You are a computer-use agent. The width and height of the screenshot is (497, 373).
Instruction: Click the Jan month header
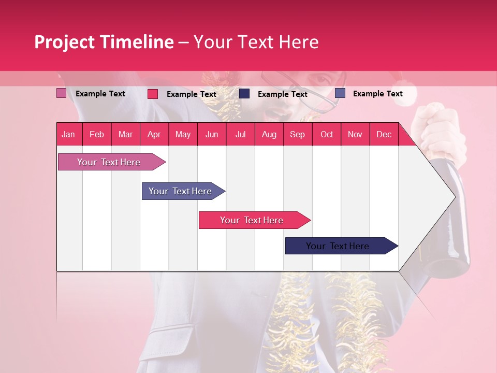[69, 135]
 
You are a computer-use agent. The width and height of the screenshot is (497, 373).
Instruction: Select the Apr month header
[154, 135]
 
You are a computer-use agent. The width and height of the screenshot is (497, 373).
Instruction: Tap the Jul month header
[241, 135]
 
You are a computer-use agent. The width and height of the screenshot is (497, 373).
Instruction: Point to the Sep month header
[298, 135]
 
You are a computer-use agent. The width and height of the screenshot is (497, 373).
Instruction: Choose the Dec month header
[384, 135]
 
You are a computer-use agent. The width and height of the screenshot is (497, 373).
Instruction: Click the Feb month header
[97, 135]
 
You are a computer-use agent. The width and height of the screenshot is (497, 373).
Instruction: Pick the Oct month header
[327, 135]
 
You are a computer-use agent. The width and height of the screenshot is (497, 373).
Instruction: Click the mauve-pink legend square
[62, 93]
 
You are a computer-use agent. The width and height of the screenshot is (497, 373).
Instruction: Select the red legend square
[153, 94]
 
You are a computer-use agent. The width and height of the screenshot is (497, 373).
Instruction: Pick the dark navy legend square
[244, 94]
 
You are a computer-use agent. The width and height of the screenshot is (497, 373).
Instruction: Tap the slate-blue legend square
[340, 93]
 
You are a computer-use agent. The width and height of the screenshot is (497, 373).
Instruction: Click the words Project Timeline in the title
[104, 42]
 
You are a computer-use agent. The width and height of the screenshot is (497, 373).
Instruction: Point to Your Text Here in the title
[256, 42]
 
